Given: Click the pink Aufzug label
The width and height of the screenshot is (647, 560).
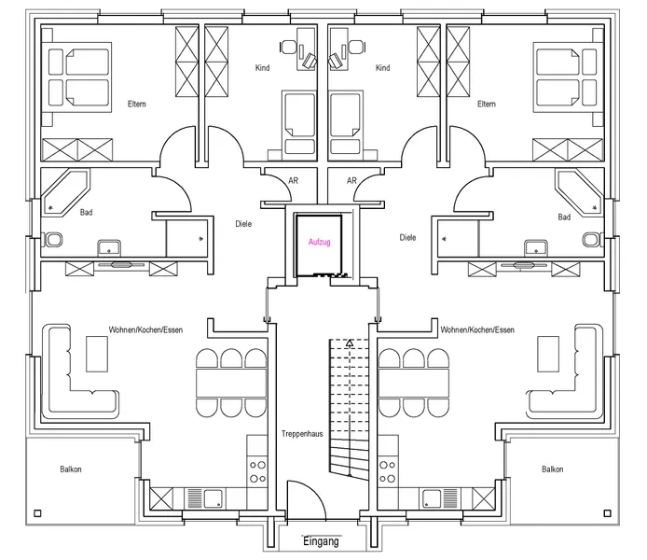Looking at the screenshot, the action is pyautogui.click(x=320, y=242).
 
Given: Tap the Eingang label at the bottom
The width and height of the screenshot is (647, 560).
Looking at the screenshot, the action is pyautogui.click(x=321, y=541).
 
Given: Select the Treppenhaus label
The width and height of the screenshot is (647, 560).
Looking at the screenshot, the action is pyautogui.click(x=302, y=434).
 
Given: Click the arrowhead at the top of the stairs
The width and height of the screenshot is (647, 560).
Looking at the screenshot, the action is pyautogui.click(x=350, y=343).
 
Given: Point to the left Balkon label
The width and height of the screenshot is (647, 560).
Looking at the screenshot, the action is pyautogui.click(x=71, y=469).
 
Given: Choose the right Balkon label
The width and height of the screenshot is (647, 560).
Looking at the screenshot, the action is pyautogui.click(x=553, y=469).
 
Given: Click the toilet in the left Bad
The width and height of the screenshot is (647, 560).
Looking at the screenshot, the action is pyautogui.click(x=52, y=240).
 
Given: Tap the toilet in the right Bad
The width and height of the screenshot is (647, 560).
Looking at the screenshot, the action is pyautogui.click(x=593, y=240).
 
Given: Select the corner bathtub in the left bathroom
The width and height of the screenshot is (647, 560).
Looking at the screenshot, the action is pyautogui.click(x=65, y=191).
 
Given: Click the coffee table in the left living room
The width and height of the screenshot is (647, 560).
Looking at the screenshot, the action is pyautogui.click(x=97, y=354).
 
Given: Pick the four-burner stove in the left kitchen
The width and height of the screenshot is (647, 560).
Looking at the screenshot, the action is pyautogui.click(x=257, y=471).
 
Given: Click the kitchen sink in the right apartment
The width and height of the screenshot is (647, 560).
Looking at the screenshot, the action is pyautogui.click(x=431, y=498).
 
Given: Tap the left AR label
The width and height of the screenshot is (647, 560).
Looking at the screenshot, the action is pyautogui.click(x=294, y=180).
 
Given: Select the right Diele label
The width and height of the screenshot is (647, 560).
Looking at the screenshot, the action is pyautogui.click(x=407, y=237).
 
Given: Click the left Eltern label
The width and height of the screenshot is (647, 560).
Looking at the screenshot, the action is pyautogui.click(x=137, y=105).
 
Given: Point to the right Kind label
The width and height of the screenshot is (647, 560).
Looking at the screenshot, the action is pyautogui.click(x=382, y=68).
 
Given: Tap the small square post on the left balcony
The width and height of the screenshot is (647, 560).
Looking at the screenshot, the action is pyautogui.click(x=37, y=513).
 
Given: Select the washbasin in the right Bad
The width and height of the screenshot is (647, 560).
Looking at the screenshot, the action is pyautogui.click(x=535, y=248).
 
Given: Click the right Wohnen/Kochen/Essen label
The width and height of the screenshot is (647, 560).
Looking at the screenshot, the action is pyautogui.click(x=477, y=330).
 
